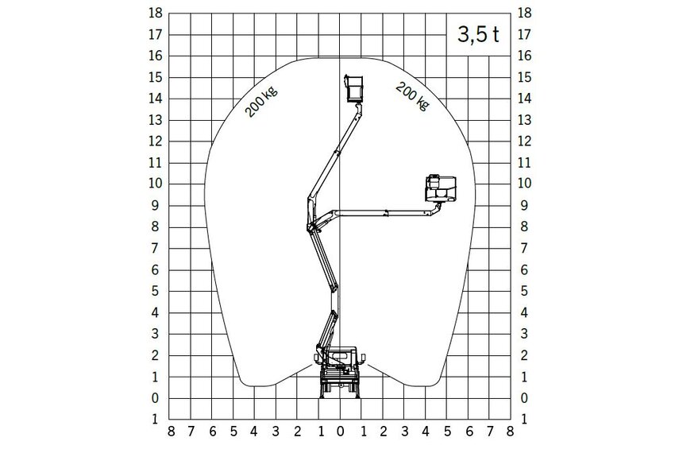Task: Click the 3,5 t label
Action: click(478, 34)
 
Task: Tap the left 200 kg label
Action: click(261, 102)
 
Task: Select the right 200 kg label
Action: click(412, 96)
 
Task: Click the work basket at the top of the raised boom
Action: click(354, 89)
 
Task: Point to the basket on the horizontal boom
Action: click(441, 188)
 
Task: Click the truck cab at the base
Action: click(342, 357)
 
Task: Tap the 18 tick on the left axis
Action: click(156, 13)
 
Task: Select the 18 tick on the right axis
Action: click(524, 13)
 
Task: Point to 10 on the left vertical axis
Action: click(156, 183)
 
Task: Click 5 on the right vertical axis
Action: click(524, 291)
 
